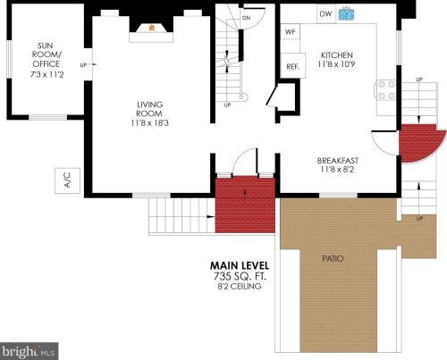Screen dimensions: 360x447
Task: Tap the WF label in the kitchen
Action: pyautogui.click(x=290, y=31)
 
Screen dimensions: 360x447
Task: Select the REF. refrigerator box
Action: pyautogui.click(x=291, y=67)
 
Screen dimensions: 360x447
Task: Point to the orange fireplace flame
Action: pyautogui.click(x=152, y=28)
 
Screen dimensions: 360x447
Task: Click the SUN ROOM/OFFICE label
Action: pyautogui.click(x=46, y=54)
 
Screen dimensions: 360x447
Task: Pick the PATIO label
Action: pyautogui.click(x=333, y=259)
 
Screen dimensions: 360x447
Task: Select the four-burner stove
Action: pyautogui.click(x=386, y=88)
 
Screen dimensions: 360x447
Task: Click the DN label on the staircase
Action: pyautogui.click(x=246, y=18)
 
